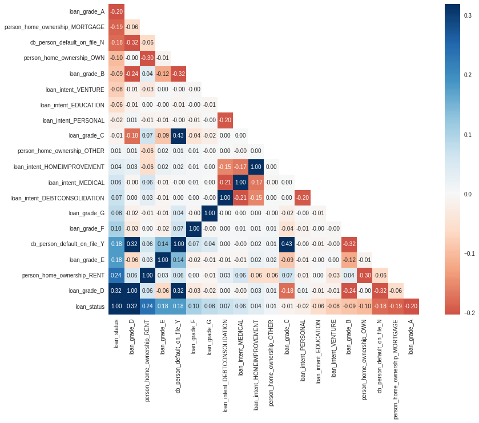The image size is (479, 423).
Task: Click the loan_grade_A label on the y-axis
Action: tap(87, 11)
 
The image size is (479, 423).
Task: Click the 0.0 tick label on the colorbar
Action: tap(468, 194)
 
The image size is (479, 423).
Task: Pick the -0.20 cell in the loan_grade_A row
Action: tap(116, 11)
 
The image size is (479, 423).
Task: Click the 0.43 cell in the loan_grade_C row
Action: tap(179, 135)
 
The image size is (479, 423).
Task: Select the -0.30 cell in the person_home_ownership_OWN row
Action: tap(147, 58)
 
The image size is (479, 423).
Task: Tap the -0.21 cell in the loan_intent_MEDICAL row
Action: tap(225, 182)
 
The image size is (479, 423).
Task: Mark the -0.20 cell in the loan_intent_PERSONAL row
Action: tap(225, 120)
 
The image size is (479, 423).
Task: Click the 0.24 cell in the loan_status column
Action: tap(116, 275)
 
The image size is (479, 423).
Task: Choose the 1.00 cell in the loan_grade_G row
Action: tap(210, 213)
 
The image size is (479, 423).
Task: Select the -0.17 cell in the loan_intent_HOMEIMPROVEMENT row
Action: tap(240, 167)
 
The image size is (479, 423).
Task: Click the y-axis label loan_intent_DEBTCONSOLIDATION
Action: tap(59, 198)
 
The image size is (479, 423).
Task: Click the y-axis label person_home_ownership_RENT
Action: tap(63, 275)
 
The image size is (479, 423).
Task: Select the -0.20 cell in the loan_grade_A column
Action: tap(411, 306)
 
